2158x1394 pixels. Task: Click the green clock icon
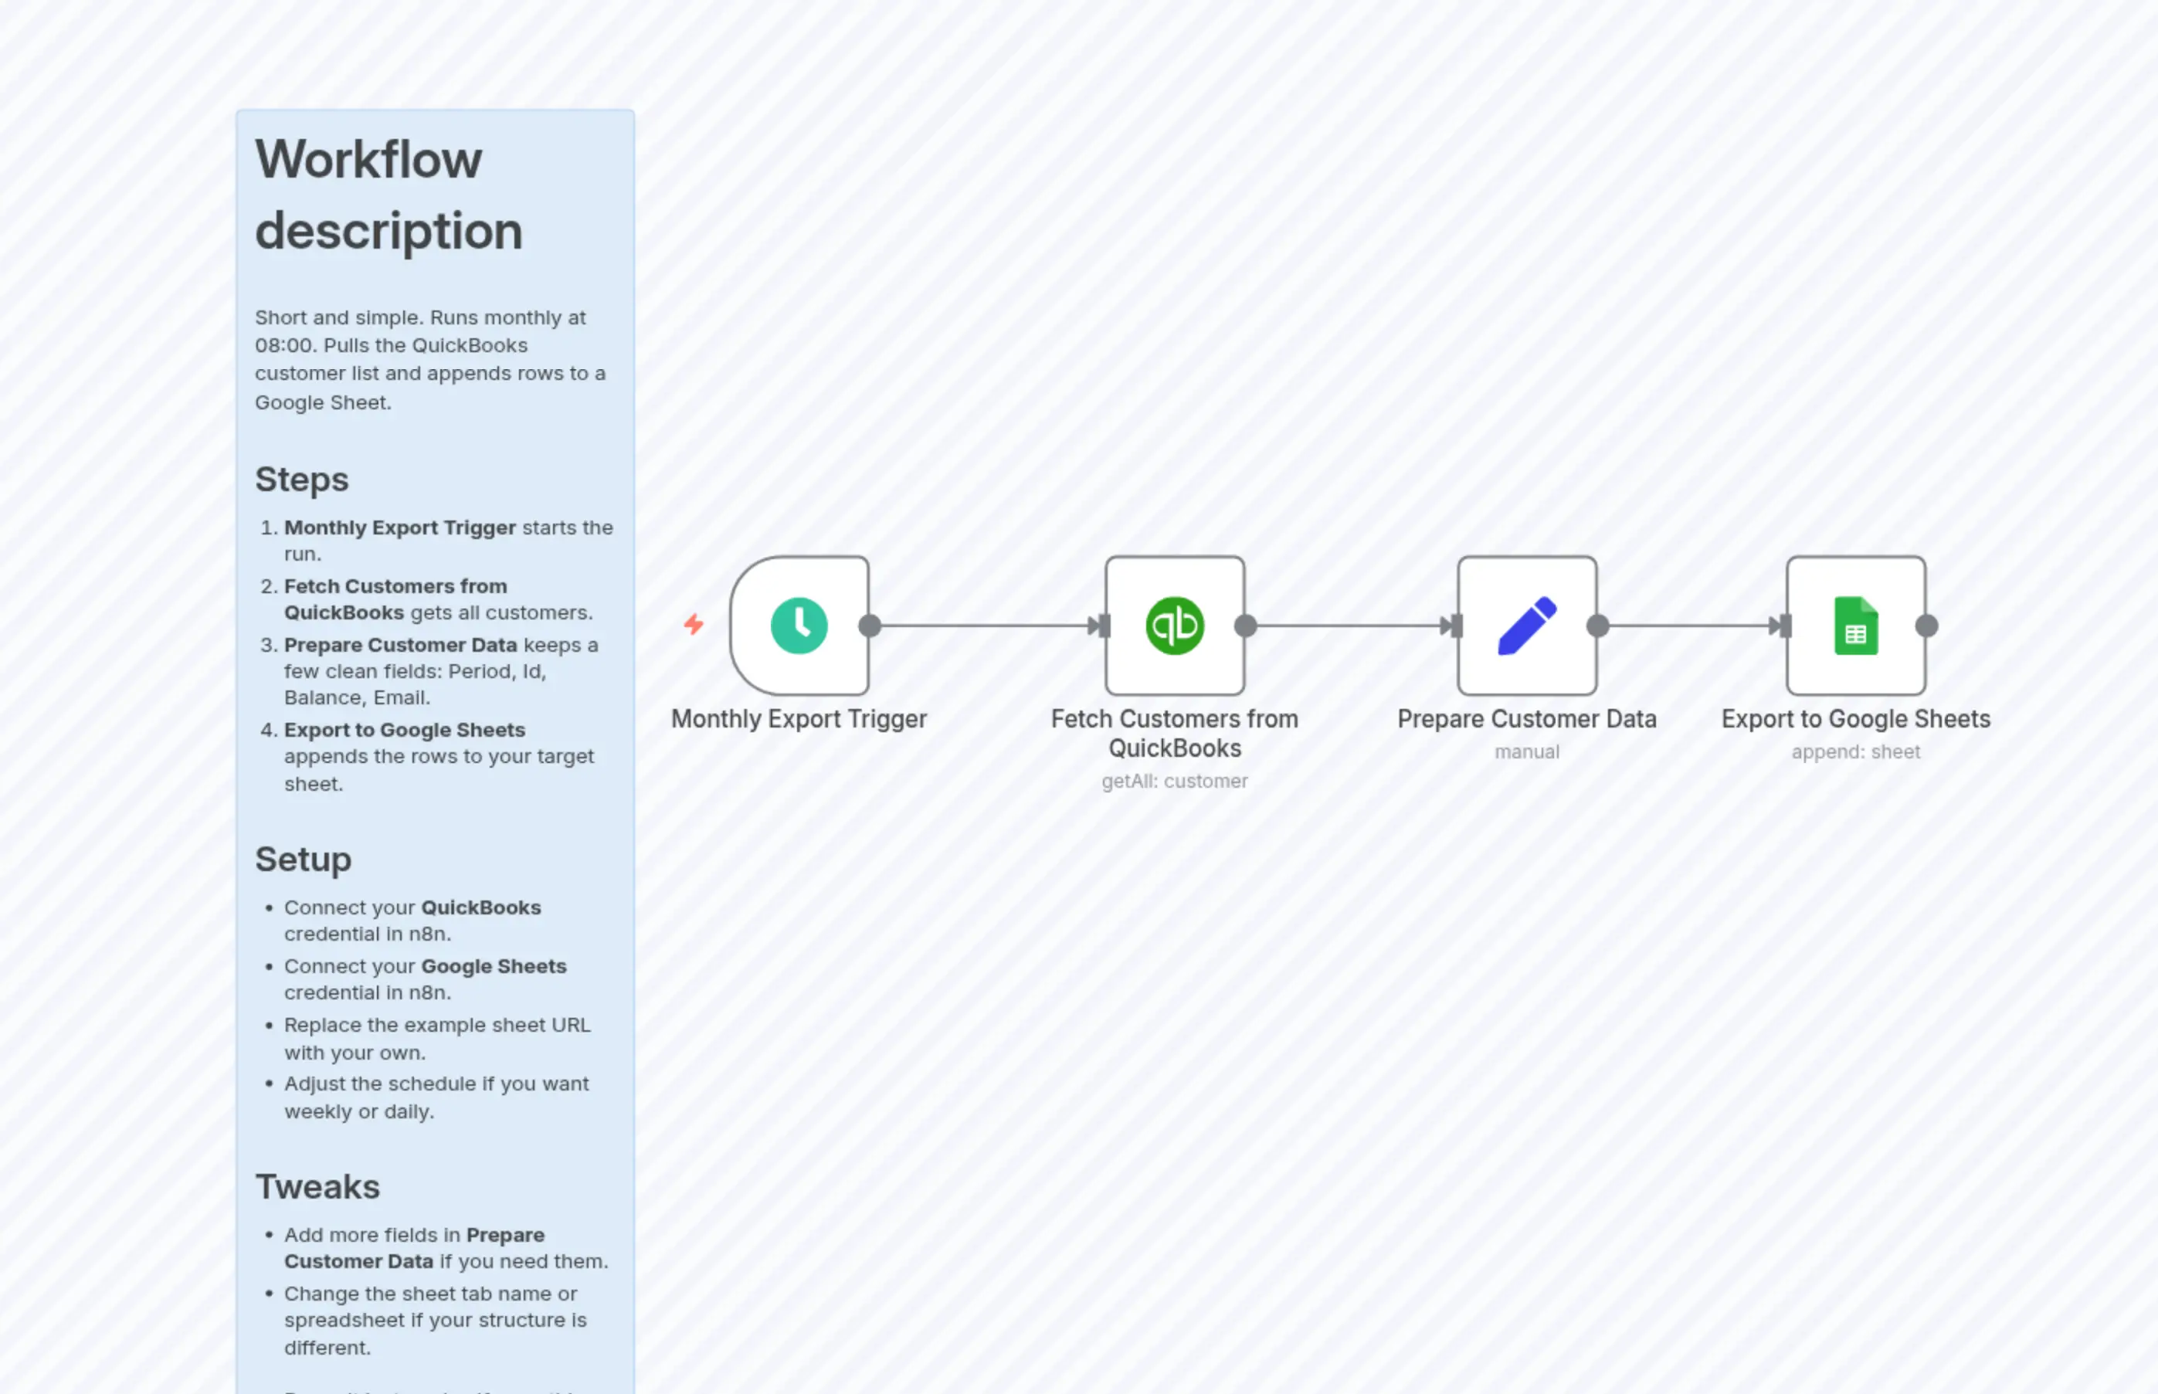click(x=799, y=626)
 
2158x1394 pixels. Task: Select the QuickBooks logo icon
click(x=1174, y=626)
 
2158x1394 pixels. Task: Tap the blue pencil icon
click(x=1526, y=626)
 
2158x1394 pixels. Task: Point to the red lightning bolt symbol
click(x=694, y=624)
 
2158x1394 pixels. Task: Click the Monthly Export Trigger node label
click(x=799, y=719)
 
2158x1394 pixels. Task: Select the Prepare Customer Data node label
click(x=1526, y=719)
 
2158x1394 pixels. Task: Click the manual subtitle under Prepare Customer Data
click(x=1526, y=751)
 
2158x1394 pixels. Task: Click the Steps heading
click(x=301, y=479)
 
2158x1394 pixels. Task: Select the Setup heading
click(x=304, y=859)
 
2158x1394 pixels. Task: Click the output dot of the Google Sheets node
click(x=1926, y=626)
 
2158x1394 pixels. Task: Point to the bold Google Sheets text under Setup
click(x=494, y=966)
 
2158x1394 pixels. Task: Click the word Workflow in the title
click(x=368, y=159)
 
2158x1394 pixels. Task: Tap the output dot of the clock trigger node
click(x=869, y=626)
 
